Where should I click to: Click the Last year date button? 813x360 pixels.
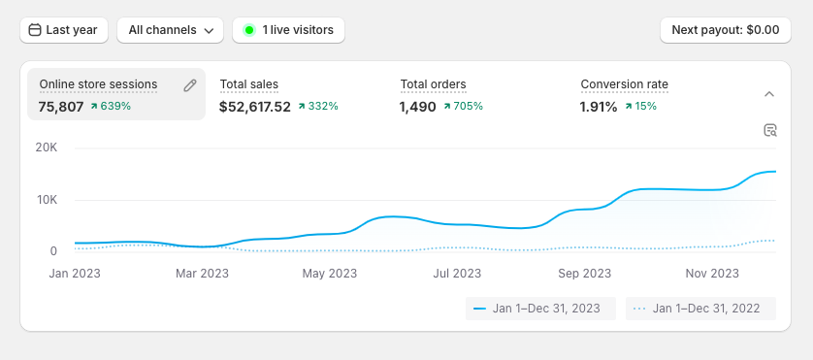(64, 30)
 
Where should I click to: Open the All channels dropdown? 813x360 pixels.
(170, 30)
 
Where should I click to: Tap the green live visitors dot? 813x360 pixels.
(249, 30)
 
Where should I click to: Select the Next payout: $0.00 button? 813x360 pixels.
(726, 30)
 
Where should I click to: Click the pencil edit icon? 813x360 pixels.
(190, 85)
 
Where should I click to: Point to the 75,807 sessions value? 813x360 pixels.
(61, 107)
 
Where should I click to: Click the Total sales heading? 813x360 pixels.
(249, 84)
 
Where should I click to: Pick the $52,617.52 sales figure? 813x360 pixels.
(254, 107)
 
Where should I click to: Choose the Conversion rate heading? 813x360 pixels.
(624, 84)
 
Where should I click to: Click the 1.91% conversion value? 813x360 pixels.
(599, 107)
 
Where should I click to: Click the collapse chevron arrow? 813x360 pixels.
(769, 94)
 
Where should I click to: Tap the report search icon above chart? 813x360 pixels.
(770, 130)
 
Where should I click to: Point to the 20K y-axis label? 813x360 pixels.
(47, 147)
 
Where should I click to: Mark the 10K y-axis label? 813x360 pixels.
(47, 200)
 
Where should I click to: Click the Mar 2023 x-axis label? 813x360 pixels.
(202, 274)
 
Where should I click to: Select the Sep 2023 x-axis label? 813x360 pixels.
(585, 274)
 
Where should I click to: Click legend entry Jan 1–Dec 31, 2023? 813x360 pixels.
(540, 309)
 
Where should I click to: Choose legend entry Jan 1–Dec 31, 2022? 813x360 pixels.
(700, 309)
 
